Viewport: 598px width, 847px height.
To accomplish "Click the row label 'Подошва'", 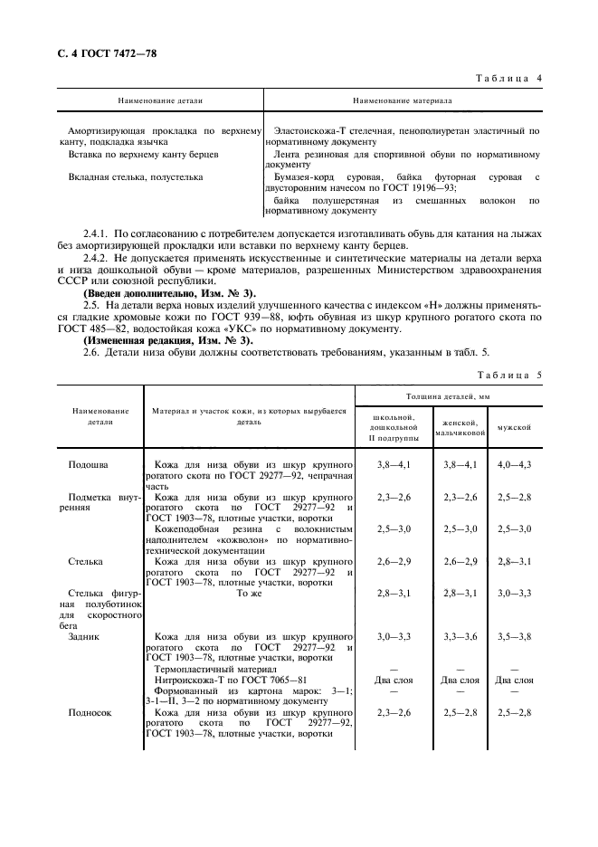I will click(x=89, y=464).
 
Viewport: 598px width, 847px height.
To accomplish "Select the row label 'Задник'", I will click(x=86, y=636).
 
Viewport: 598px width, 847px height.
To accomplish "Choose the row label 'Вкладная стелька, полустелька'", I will click(x=136, y=177).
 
